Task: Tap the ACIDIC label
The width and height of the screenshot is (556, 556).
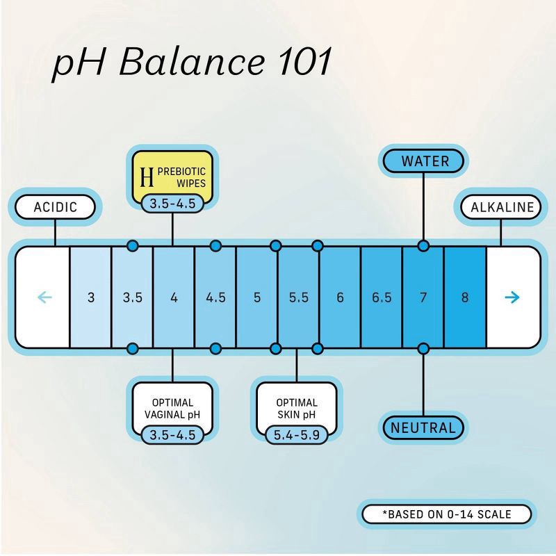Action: [x=55, y=207]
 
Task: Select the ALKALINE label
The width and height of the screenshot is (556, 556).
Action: [x=502, y=207]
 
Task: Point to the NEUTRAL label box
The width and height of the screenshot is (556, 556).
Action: [x=423, y=427]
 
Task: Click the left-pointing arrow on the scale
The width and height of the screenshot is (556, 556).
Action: [x=44, y=297]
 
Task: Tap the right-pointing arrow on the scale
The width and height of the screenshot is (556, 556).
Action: [x=512, y=297]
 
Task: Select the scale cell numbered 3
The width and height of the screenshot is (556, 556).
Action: [x=91, y=297]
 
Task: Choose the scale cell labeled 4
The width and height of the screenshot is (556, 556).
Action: [x=174, y=297]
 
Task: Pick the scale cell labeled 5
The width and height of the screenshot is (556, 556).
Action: [x=257, y=297]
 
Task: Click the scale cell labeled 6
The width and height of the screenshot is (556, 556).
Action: [x=340, y=297]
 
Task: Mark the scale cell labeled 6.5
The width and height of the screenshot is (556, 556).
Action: [x=382, y=297]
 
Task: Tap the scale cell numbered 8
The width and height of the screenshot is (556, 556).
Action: [x=464, y=297]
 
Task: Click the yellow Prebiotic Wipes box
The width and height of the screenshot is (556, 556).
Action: [x=173, y=174]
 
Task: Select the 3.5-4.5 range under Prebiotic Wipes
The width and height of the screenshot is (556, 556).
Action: [x=173, y=204]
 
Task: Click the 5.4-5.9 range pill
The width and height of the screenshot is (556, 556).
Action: [x=297, y=435]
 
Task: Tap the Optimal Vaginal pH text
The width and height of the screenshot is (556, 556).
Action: [x=172, y=409]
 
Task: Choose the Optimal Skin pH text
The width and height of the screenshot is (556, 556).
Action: [x=297, y=409]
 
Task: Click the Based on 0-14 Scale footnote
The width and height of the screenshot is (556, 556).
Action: [x=446, y=515]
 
